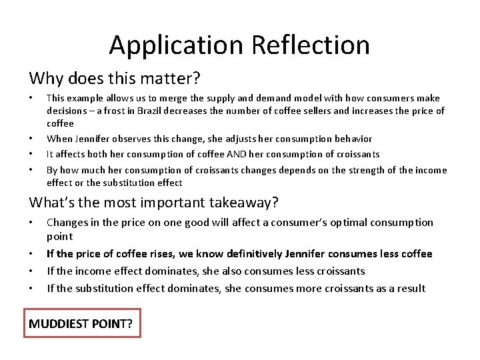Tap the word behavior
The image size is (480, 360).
point(349,139)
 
